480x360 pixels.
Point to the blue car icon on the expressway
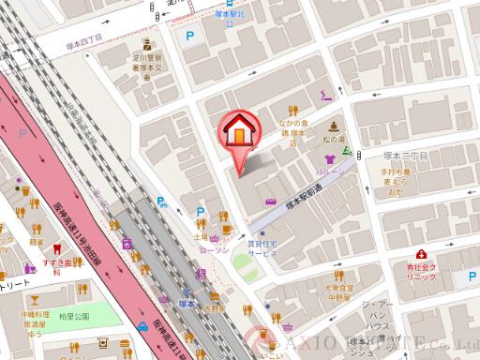142,325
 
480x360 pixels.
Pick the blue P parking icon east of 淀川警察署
193,38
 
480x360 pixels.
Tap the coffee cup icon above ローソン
225,229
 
